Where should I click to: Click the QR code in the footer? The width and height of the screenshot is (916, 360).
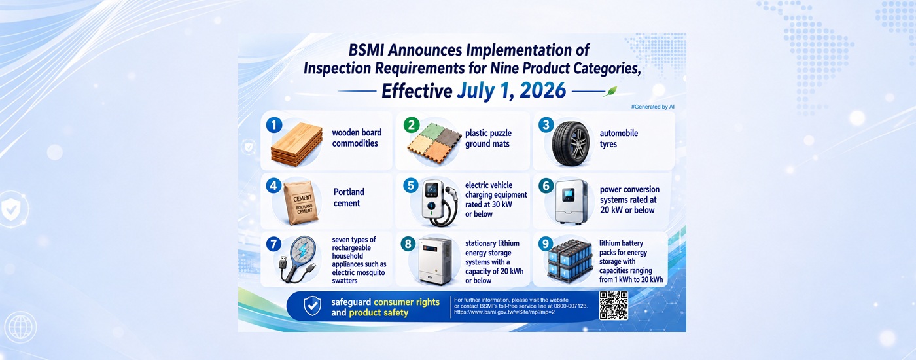pos(614,305)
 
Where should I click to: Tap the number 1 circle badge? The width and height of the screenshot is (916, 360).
pos(274,125)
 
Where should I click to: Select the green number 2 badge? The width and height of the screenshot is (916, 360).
pos(412,125)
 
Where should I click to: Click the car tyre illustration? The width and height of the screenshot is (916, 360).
pos(571,143)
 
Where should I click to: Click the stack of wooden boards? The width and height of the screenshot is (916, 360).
pos(296,144)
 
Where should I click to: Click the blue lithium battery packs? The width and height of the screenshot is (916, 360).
pos(570,262)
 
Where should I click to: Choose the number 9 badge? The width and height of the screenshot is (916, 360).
pos(545,243)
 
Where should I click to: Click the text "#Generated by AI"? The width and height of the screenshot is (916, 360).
pos(653,107)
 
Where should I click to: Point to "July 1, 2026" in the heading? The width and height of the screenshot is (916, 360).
pos(511,91)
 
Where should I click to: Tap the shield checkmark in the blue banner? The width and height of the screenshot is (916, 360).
pos(313,306)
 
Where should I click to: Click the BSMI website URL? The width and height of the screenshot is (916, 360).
pos(504,312)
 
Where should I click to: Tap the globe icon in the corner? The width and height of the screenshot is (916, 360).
pos(20,327)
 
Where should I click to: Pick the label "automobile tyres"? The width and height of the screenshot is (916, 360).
pos(619,138)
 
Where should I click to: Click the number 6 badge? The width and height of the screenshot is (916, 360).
pos(546,186)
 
